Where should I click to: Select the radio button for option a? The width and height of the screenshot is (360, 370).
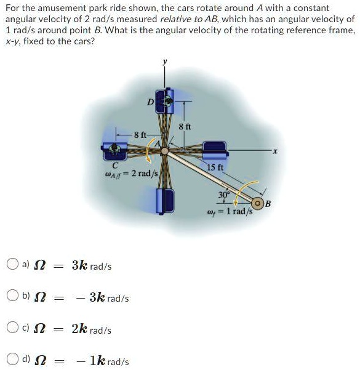pyautogui.click(x=12, y=266)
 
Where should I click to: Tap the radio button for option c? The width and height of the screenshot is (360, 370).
pyautogui.click(x=12, y=329)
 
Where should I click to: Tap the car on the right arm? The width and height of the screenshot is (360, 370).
pyautogui.click(x=213, y=148)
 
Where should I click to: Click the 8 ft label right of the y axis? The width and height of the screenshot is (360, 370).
pyautogui.click(x=185, y=126)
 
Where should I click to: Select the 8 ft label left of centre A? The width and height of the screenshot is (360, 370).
pyautogui.click(x=141, y=133)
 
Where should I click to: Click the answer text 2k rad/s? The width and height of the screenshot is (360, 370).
pyautogui.click(x=91, y=329)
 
